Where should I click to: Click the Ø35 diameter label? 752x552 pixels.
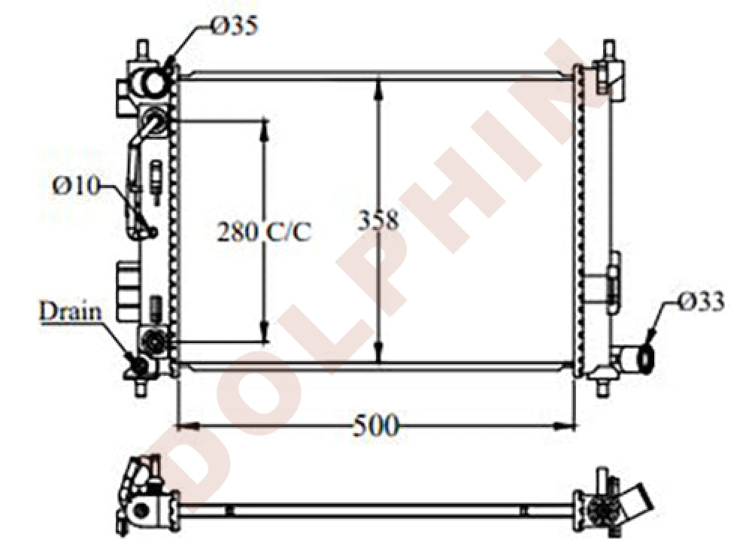(234, 28)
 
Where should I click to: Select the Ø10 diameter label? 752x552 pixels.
(76, 185)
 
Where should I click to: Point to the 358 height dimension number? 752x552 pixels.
(378, 220)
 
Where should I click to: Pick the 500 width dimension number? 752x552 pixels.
(375, 426)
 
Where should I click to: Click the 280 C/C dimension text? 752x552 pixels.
(264, 232)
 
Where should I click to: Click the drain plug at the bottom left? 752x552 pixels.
(139, 366)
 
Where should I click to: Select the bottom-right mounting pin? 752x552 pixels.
(603, 387)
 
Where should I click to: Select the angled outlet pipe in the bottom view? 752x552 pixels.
(640, 502)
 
